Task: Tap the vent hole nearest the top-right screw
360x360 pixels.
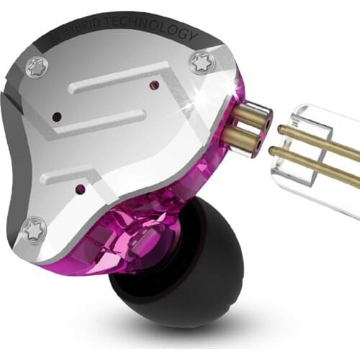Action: coord(153,84)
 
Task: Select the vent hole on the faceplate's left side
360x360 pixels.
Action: coord(56,116)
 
